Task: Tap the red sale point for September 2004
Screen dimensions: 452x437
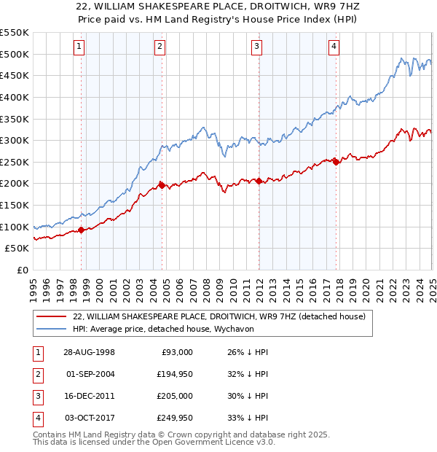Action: [x=162, y=185]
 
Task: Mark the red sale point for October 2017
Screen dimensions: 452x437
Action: [x=336, y=162]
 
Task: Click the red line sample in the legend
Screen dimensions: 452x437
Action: [x=52, y=316]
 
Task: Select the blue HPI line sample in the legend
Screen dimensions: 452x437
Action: [x=52, y=329]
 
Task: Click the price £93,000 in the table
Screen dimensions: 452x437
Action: [x=175, y=352]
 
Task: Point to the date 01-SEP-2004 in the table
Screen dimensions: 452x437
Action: [x=90, y=374]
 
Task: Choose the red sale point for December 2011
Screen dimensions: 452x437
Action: [x=259, y=181]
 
